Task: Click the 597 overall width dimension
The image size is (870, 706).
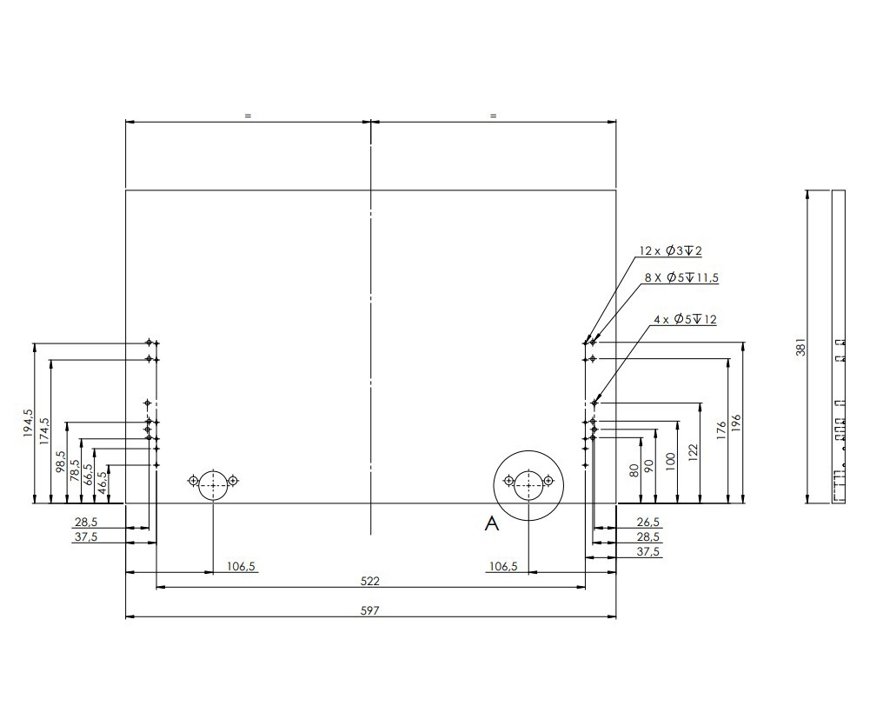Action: click(x=370, y=610)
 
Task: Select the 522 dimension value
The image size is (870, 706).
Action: click(x=370, y=581)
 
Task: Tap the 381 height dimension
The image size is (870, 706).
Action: click(x=800, y=347)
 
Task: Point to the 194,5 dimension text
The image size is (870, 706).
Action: click(x=29, y=423)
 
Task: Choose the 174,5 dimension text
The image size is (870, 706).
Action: click(x=44, y=430)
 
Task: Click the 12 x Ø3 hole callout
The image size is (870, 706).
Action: click(x=670, y=251)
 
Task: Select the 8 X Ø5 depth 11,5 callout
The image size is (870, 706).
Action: click(x=681, y=277)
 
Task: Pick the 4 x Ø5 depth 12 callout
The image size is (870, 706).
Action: click(x=685, y=320)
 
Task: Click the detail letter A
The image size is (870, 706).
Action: click(x=492, y=523)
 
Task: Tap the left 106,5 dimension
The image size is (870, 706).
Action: click(x=241, y=566)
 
